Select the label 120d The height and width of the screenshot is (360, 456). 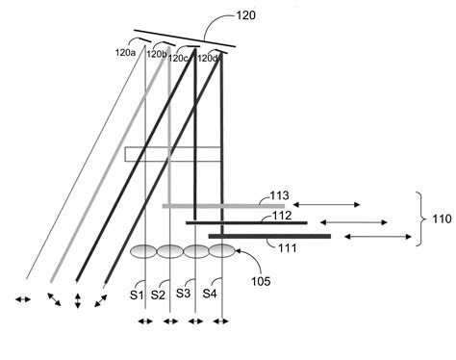209,58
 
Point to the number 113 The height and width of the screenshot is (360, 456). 279,196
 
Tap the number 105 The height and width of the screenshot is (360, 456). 260,281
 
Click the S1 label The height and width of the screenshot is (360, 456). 137,294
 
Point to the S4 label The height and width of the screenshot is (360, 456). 209,294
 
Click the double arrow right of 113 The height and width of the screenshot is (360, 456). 326,204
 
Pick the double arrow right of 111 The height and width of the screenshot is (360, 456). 372,236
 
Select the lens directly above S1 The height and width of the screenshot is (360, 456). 144,252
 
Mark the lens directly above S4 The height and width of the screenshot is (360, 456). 222,252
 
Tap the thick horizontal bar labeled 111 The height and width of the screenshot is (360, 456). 268,236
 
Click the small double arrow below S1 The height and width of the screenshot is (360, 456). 143,321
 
